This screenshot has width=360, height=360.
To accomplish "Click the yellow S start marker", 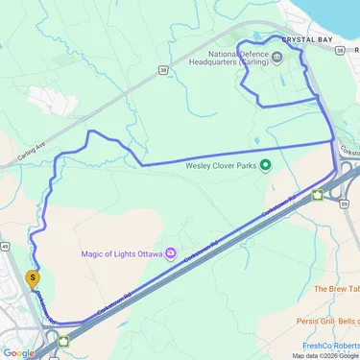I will point(34,279).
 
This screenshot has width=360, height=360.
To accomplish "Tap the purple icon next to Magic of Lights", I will point(170,253).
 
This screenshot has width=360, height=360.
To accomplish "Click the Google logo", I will point(18,352).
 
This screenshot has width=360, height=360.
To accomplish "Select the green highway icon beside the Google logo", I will point(64,339).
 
